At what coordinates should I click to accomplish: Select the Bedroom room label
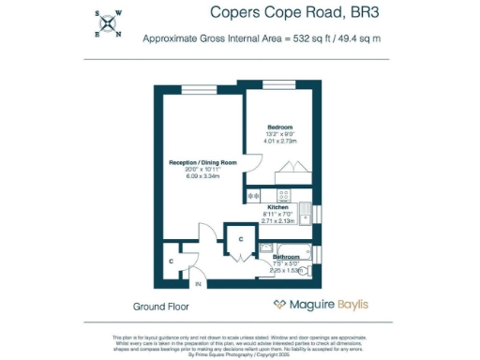pos(279,127)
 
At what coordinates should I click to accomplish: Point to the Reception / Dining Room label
pos(202,162)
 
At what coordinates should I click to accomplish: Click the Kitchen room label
pos(277,206)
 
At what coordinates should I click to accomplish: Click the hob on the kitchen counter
pos(255,195)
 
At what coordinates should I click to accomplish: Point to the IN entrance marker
pos(198,283)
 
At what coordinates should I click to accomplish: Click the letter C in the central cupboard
pos(240,240)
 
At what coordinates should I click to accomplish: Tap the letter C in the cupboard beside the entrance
pos(171,260)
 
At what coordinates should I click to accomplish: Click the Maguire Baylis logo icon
pos(278,305)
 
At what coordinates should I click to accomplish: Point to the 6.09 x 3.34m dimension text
pos(202,175)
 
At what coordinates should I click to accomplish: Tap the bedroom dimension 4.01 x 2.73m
pos(279,141)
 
